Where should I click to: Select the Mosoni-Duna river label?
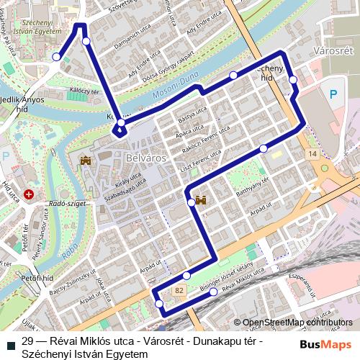(x=175, y=91)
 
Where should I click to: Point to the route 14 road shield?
(x=311, y=154)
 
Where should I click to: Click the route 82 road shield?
(x=179, y=289)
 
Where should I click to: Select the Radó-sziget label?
(x=71, y=204)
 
